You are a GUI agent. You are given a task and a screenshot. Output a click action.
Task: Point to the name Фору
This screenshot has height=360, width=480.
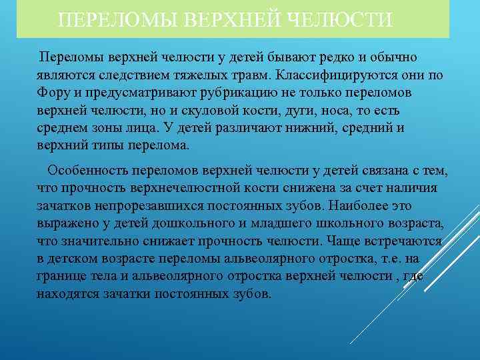coord(53,92)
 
